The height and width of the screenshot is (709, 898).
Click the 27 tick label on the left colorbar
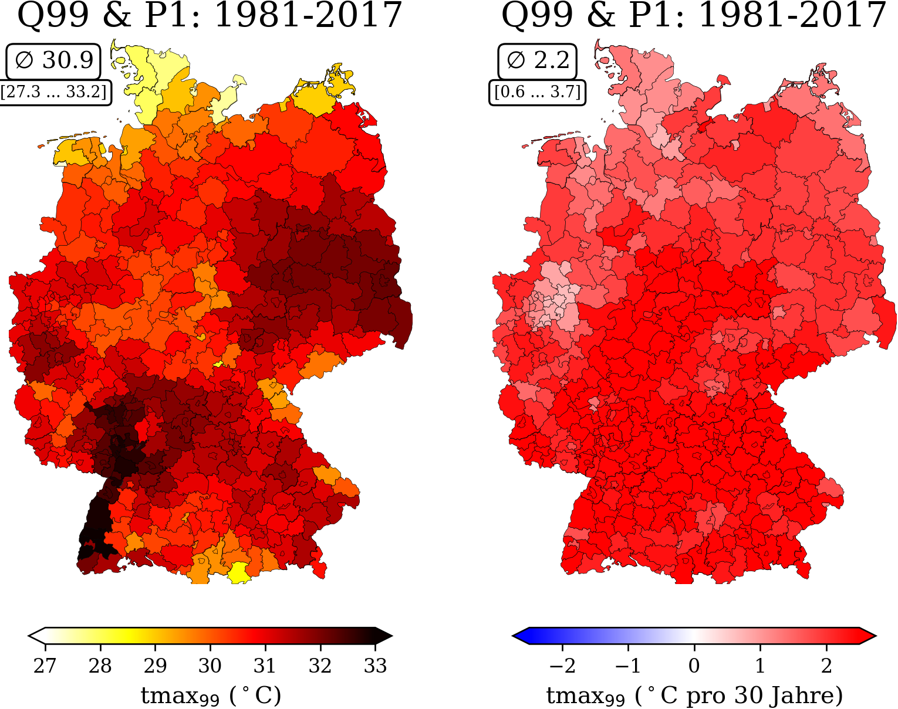pyautogui.click(x=45, y=665)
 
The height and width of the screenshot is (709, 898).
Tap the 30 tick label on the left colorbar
pyautogui.click(x=210, y=665)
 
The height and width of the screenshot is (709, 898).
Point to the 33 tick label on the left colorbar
pyautogui.click(x=375, y=665)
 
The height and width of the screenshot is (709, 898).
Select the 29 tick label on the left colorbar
pyautogui.click(x=155, y=665)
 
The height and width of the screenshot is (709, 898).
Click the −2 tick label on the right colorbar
pyautogui.click(x=562, y=665)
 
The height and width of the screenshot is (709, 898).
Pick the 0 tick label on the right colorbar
pyautogui.click(x=694, y=665)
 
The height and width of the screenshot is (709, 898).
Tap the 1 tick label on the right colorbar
pyautogui.click(x=760, y=665)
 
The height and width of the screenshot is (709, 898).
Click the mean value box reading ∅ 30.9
pyautogui.click(x=53, y=61)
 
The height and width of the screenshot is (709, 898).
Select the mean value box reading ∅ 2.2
pyautogui.click(x=538, y=61)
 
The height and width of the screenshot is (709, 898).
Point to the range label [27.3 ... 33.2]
pyautogui.click(x=55, y=92)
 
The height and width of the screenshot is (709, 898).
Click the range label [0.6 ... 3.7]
pyautogui.click(x=538, y=92)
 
